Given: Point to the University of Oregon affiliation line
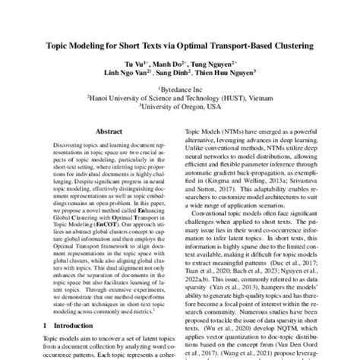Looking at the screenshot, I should coord(180,108).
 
